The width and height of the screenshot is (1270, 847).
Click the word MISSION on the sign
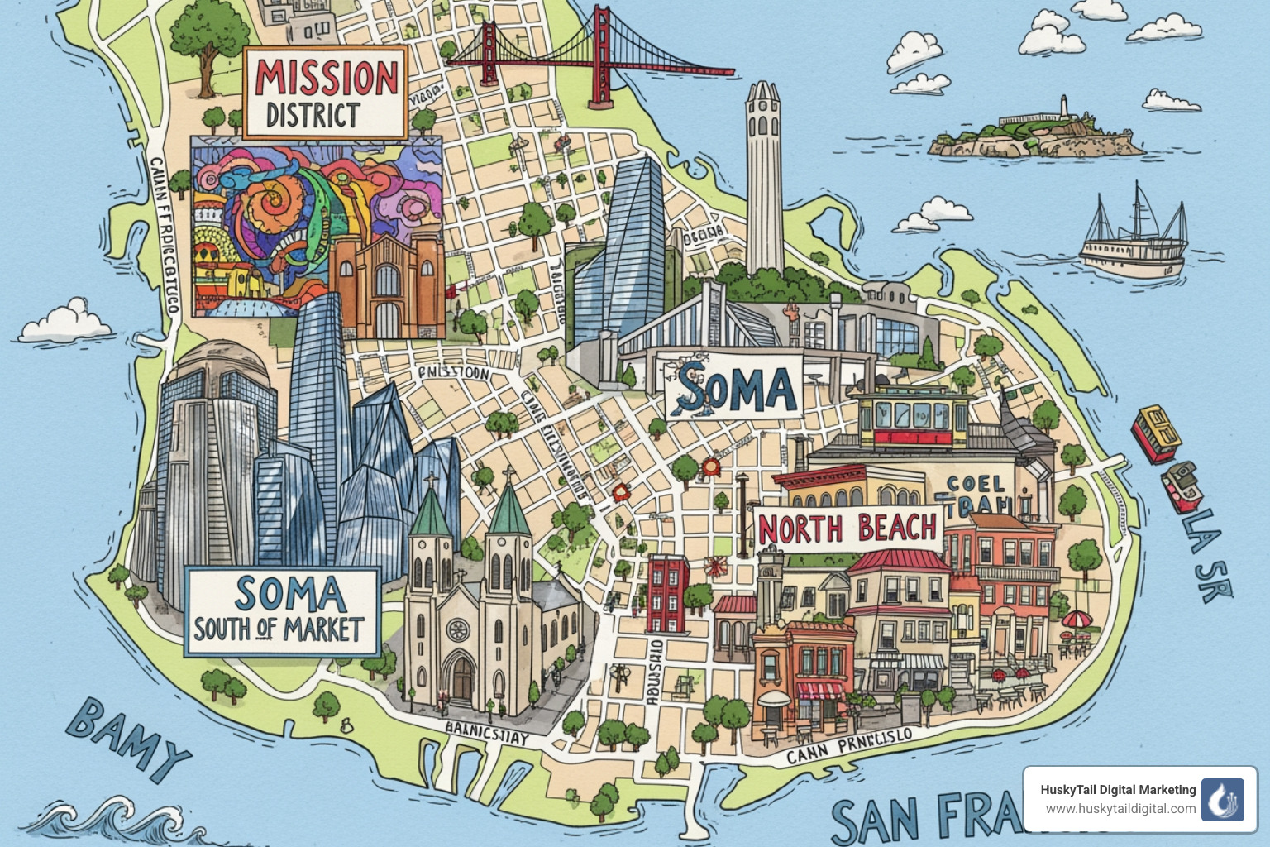click(327, 79)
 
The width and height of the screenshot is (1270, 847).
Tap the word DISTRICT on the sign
click(313, 116)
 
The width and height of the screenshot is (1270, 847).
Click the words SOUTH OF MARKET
click(279, 630)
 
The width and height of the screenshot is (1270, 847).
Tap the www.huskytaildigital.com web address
click(1120, 809)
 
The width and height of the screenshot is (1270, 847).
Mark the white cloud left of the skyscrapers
click(66, 323)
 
